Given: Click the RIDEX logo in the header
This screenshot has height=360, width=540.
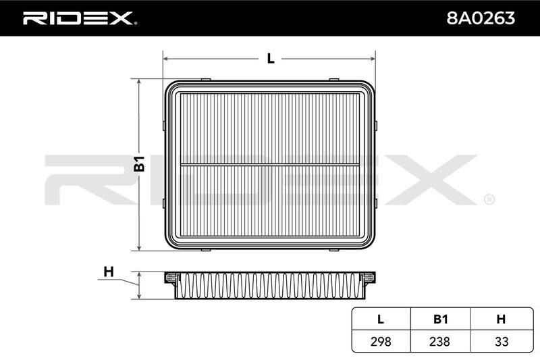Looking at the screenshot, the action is point(80,18).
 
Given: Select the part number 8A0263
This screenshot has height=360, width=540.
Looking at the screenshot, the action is point(481,18).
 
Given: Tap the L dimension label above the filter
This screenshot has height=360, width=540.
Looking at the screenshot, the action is point(271,59).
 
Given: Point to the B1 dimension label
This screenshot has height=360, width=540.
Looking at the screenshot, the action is point(140,163).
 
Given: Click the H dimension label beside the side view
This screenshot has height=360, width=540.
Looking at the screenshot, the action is point(109,272).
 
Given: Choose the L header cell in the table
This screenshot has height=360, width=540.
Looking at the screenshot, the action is point(381,319).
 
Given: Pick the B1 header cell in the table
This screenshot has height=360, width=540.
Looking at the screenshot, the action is point(440,319).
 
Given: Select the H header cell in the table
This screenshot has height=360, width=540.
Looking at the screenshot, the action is point(502,319).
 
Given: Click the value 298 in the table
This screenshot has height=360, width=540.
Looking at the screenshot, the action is point(381,341).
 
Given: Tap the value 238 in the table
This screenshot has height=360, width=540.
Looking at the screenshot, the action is point(440,341).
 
